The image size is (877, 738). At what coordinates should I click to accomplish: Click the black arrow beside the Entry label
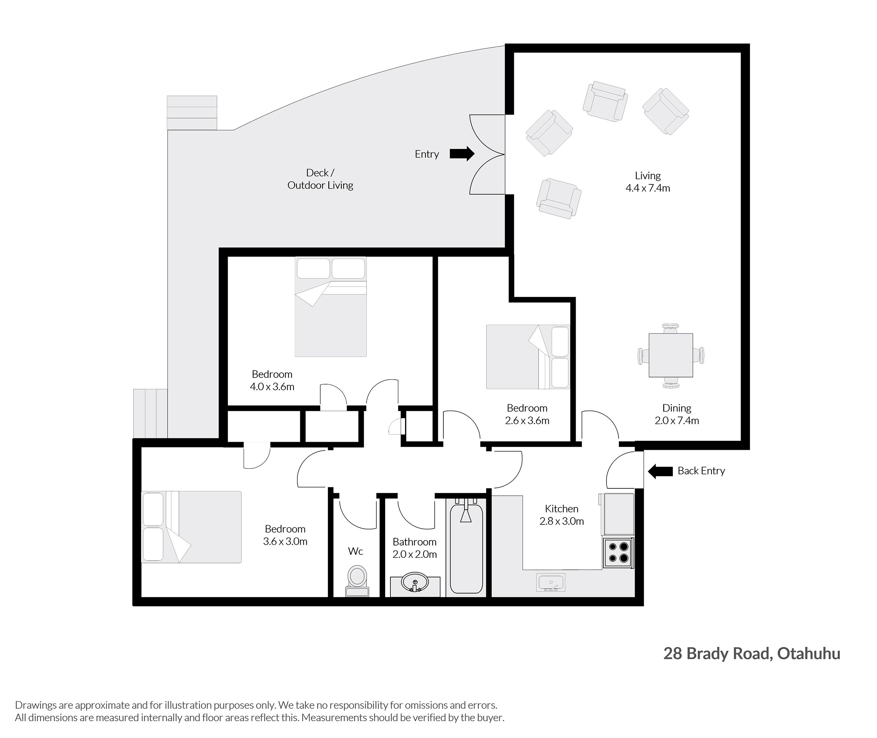click(x=462, y=154)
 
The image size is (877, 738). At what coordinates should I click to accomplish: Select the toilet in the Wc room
click(x=357, y=581)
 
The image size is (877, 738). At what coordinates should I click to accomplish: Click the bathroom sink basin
click(x=415, y=582)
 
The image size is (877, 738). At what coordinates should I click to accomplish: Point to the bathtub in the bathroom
click(x=466, y=548)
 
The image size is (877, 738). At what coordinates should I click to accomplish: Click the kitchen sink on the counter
click(x=550, y=582)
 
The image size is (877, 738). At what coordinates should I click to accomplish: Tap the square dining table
click(x=671, y=355)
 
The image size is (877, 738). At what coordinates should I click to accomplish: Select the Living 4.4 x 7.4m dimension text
click(x=648, y=182)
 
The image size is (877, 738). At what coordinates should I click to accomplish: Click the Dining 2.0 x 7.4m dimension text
click(x=676, y=414)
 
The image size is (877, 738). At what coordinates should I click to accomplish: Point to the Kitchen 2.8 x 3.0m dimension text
click(x=561, y=515)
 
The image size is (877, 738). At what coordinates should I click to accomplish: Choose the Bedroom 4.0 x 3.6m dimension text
click(x=272, y=380)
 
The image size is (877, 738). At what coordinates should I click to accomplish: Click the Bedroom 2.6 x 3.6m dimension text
click(x=527, y=414)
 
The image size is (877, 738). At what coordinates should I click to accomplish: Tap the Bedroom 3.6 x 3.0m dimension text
click(x=285, y=535)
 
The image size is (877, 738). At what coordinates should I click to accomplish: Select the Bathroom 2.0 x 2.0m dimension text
click(x=414, y=548)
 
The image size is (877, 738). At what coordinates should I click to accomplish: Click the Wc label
click(x=355, y=551)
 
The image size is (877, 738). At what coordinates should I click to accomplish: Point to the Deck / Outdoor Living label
click(x=320, y=179)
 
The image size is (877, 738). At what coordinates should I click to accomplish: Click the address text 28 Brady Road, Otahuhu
click(x=752, y=654)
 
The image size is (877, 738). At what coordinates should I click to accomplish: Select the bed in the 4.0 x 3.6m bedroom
click(x=331, y=307)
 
